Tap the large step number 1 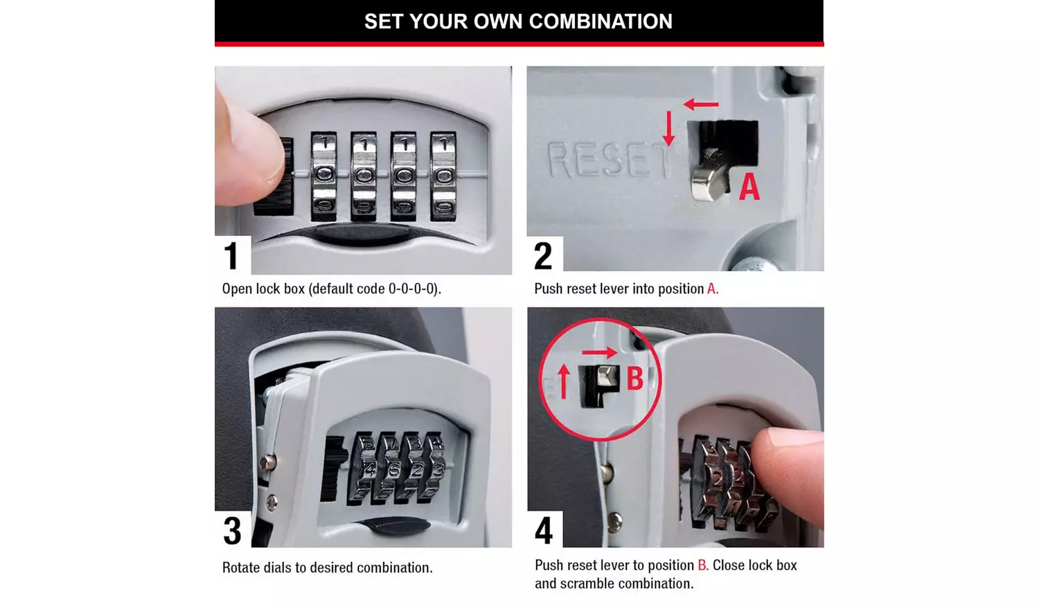point(231,255)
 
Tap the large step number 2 point(544,255)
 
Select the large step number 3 point(233,531)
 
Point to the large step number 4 point(544,531)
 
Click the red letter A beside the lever point(749,187)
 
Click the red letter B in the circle point(634,379)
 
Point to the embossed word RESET point(608,161)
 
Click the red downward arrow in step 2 point(668,128)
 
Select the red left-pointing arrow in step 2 point(701,104)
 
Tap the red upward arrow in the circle point(564,381)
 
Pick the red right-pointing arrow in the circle point(599,353)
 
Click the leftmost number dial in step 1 point(323,175)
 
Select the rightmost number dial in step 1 point(443,175)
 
